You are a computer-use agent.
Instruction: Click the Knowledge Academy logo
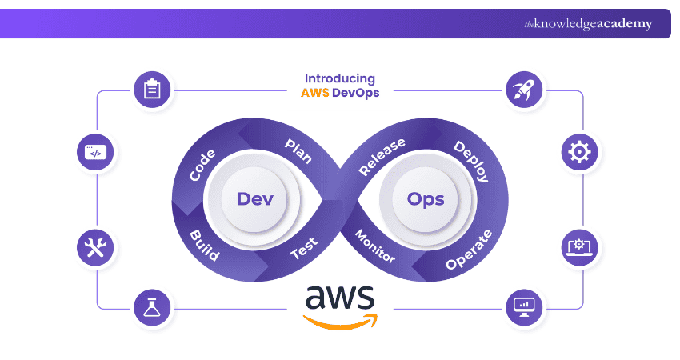(x=588, y=24)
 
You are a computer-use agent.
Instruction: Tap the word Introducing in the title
(x=339, y=78)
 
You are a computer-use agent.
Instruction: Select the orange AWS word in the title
(x=315, y=93)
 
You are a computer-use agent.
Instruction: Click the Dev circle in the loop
(x=253, y=198)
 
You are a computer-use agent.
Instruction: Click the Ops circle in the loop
(x=425, y=198)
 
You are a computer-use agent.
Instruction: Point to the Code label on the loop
(x=202, y=164)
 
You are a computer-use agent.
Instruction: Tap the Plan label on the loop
(x=298, y=150)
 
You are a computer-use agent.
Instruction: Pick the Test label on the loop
(x=303, y=250)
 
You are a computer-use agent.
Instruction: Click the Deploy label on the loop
(x=471, y=161)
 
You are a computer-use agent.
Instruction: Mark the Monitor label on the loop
(x=374, y=246)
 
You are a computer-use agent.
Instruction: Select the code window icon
(x=95, y=152)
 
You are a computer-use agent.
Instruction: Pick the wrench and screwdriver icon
(x=95, y=247)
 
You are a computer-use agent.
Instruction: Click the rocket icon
(x=526, y=90)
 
